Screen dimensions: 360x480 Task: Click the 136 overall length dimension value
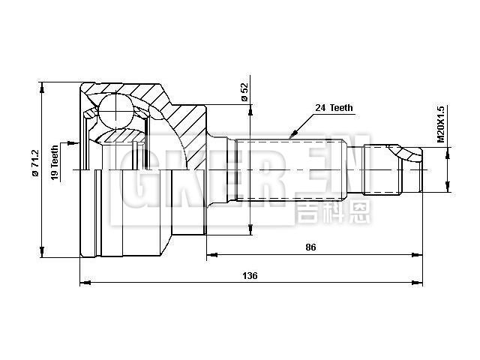[250, 275]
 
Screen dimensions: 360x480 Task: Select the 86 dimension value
[310, 247]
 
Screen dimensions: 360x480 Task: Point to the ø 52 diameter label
[244, 91]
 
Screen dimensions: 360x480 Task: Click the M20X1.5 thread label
[441, 124]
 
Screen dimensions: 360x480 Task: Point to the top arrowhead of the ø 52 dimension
[249, 106]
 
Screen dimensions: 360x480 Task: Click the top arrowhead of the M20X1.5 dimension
[448, 151]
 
